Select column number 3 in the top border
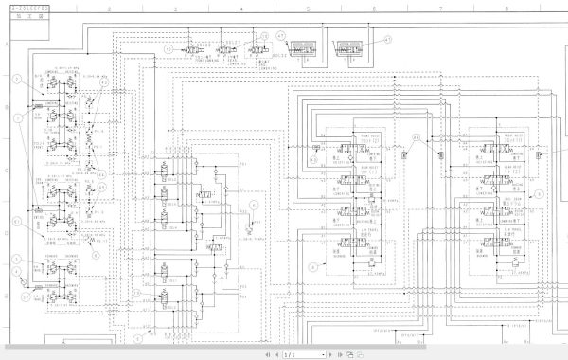(174, 8)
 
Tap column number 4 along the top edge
(240, 8)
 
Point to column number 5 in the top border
(308, 8)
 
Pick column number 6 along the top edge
(374, 8)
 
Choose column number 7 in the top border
(440, 8)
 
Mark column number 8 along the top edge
(506, 8)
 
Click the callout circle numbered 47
(386, 39)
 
